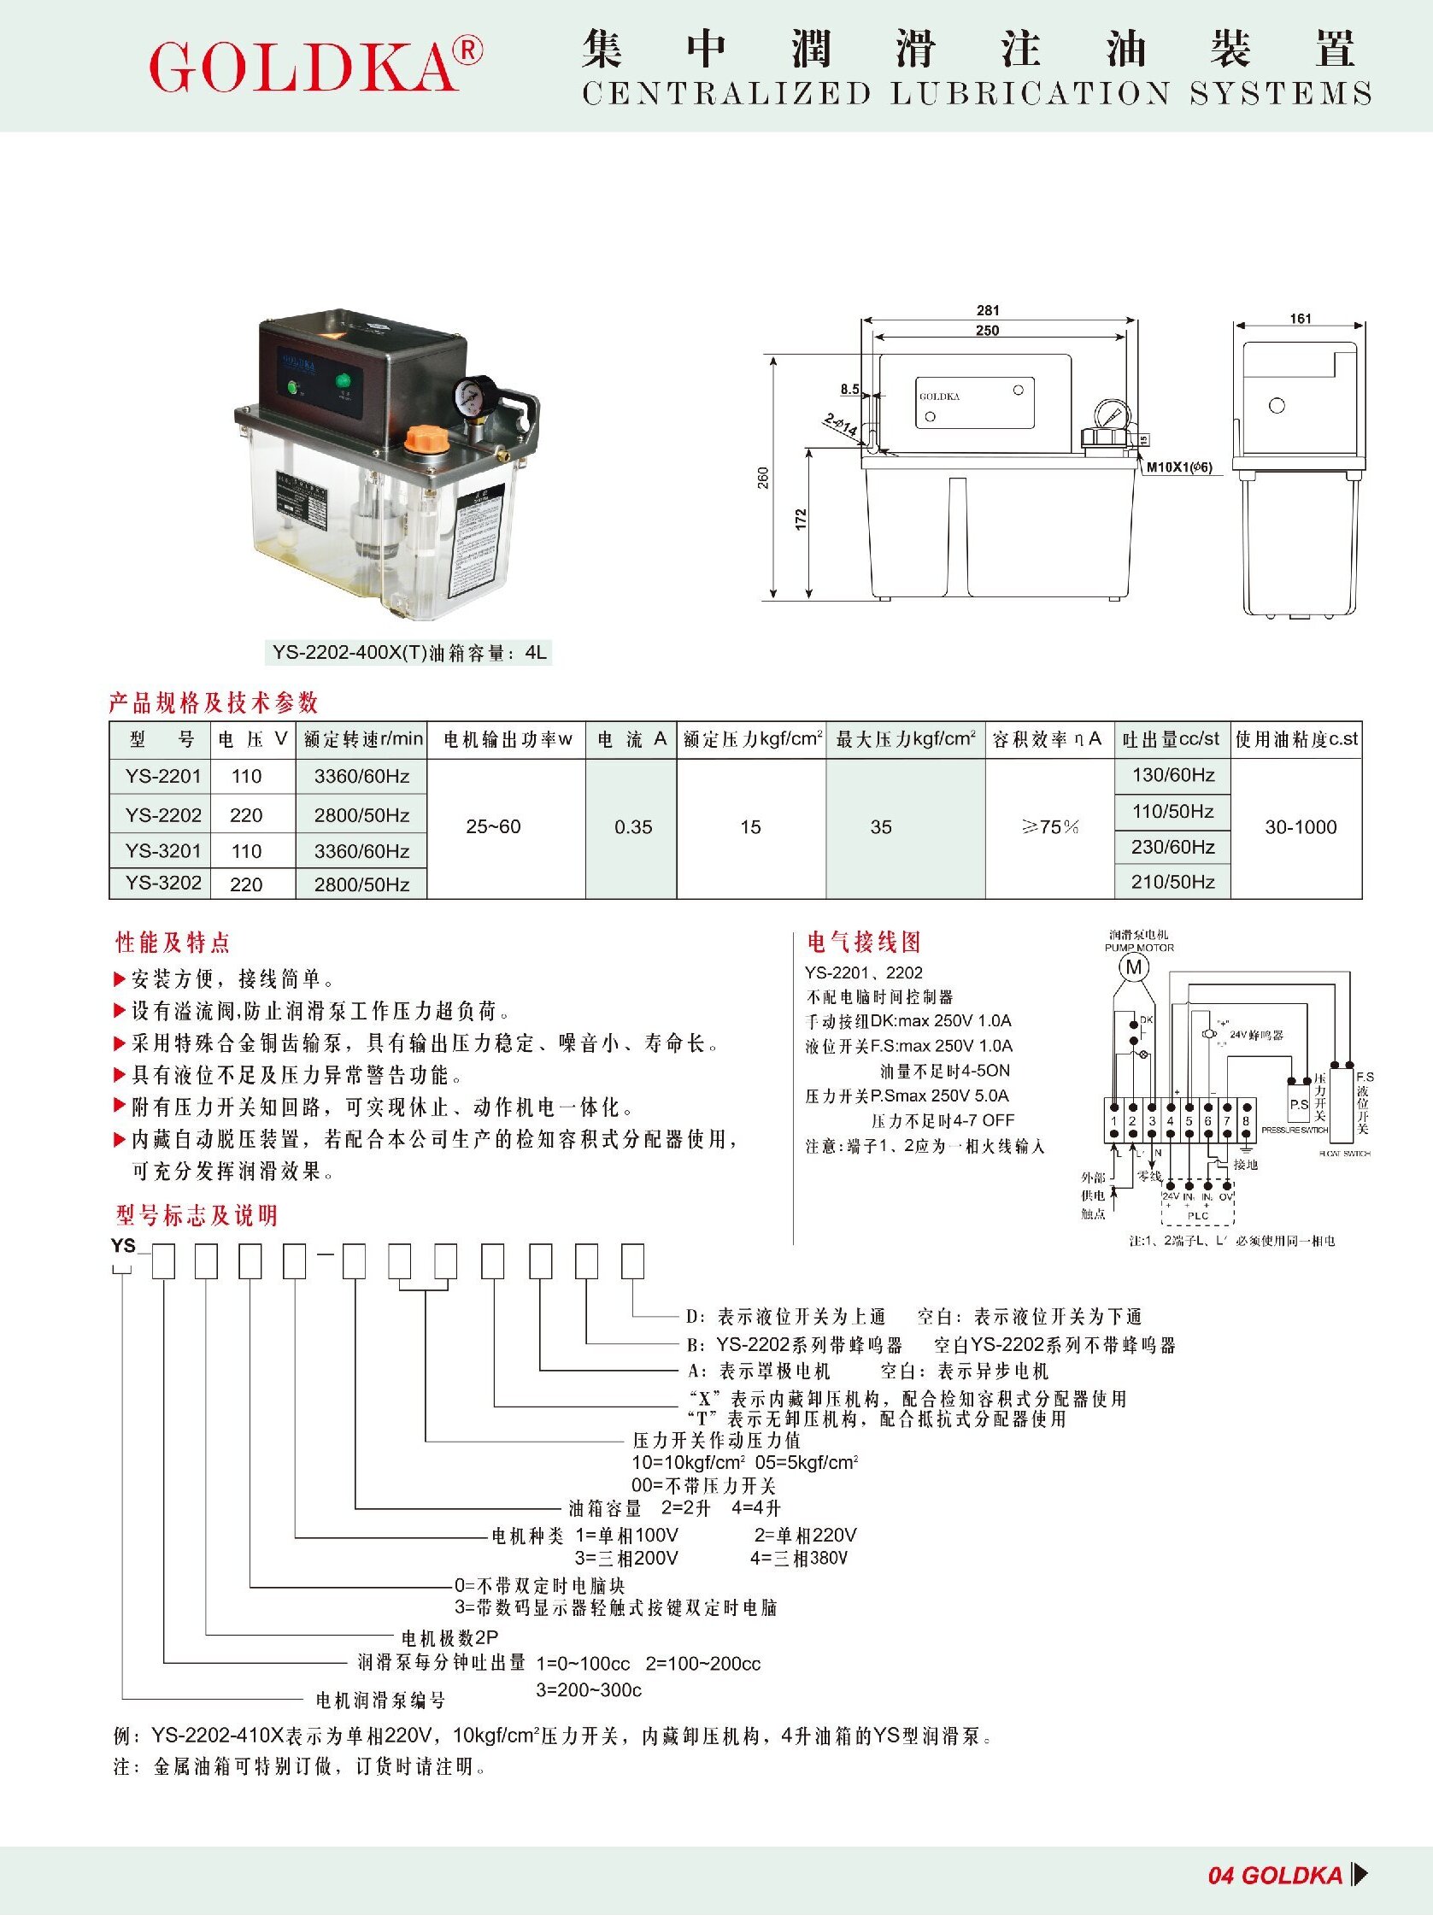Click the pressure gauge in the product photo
click(x=475, y=397)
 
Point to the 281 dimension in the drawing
click(x=988, y=311)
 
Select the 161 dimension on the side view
click(x=1300, y=319)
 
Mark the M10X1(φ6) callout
click(x=1179, y=468)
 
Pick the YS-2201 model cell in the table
click(x=162, y=777)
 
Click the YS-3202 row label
click(x=162, y=883)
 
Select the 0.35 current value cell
click(x=633, y=828)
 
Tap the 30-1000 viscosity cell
click(x=1301, y=828)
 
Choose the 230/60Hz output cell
click(x=1172, y=848)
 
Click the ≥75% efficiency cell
click(x=1049, y=828)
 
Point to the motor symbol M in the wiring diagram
click(x=1133, y=967)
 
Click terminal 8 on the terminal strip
click(x=1246, y=1120)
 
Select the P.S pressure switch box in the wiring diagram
click(x=1299, y=1106)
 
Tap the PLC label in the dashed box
click(x=1197, y=1216)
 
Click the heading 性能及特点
click(x=173, y=942)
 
